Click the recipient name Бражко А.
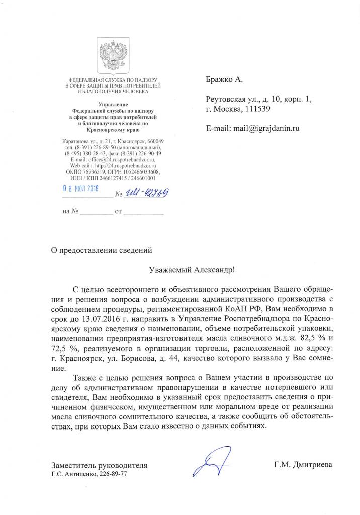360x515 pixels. pyautogui.click(x=224, y=79)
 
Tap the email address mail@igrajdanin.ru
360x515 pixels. pyautogui.click(x=266, y=128)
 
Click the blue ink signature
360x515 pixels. pyautogui.click(x=208, y=461)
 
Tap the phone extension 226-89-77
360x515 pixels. pyautogui.click(x=113, y=474)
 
